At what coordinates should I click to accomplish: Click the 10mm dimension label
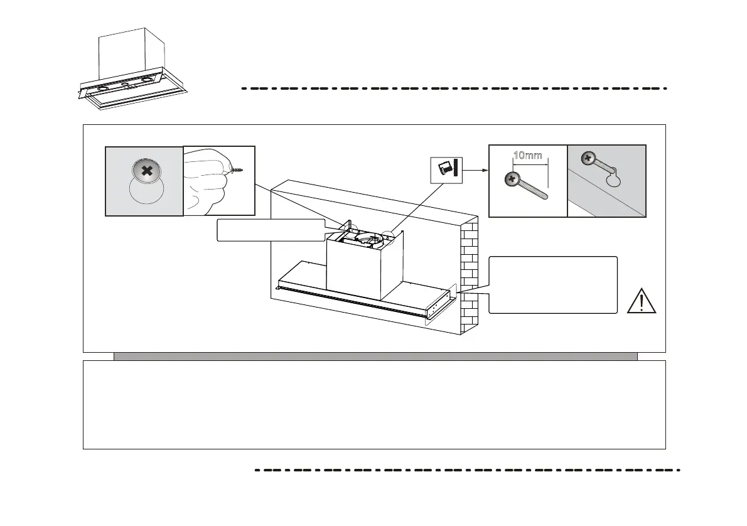(x=527, y=156)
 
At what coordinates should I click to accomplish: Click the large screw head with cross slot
(x=146, y=170)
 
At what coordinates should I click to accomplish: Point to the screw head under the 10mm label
(x=512, y=179)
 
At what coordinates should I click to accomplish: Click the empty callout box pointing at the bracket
(x=552, y=284)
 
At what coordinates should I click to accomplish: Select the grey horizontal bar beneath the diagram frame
(x=375, y=357)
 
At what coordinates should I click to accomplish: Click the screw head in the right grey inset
(x=588, y=158)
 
